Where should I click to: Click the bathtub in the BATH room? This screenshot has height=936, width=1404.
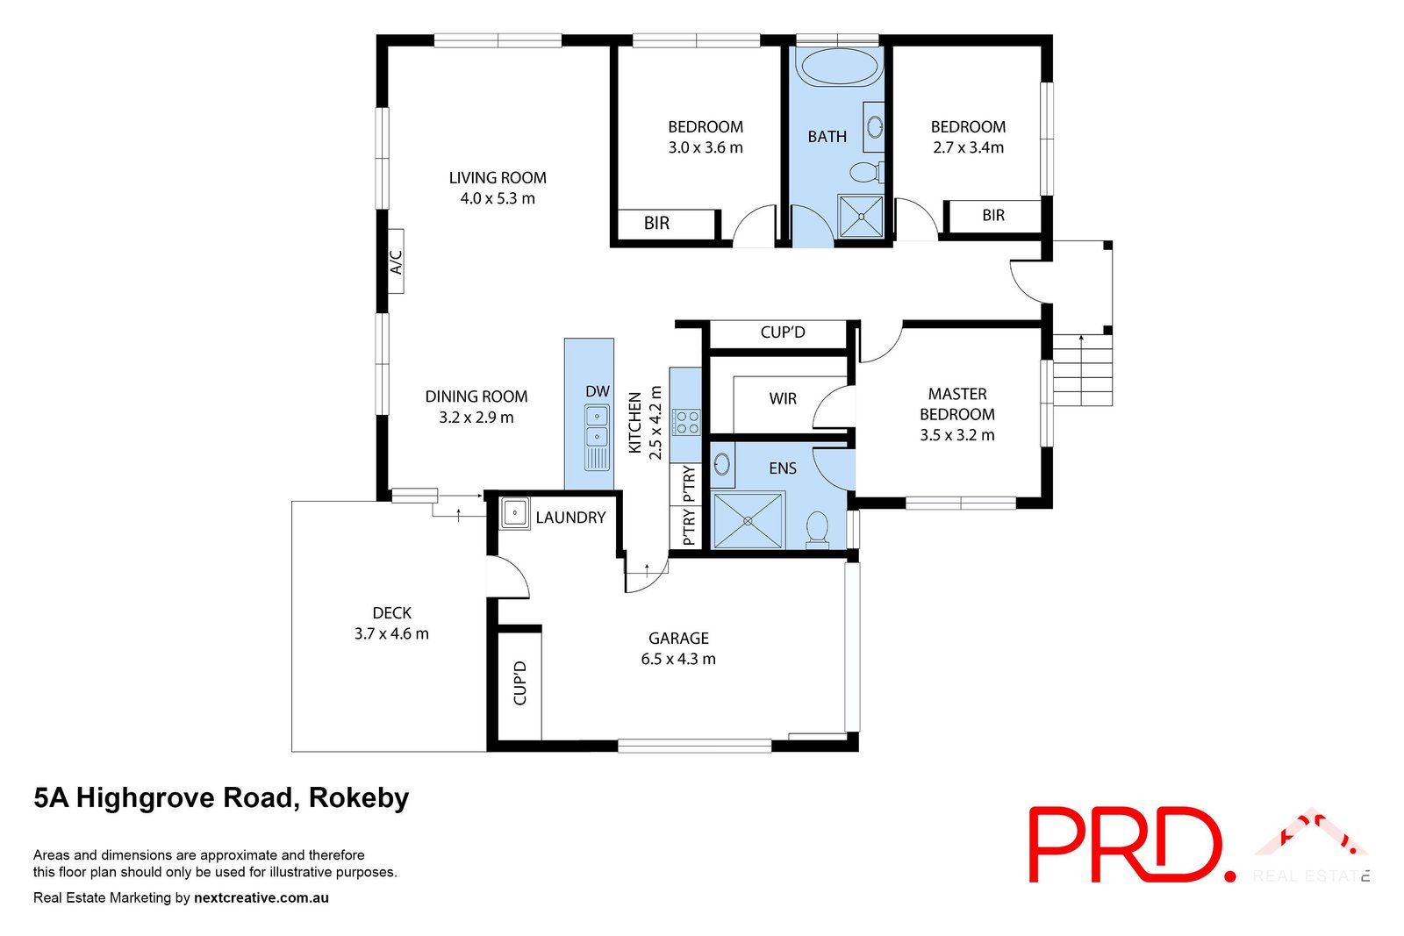tap(840, 67)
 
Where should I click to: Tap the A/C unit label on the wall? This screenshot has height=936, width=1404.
tap(396, 261)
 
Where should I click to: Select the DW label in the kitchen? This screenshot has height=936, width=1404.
tap(598, 391)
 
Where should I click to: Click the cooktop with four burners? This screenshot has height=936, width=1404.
tap(686, 423)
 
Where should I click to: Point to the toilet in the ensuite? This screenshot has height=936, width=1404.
tap(817, 528)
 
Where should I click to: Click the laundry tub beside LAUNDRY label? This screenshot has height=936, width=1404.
tap(514, 513)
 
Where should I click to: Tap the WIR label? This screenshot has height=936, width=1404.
tap(783, 399)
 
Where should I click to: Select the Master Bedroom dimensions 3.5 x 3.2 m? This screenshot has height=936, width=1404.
tap(956, 435)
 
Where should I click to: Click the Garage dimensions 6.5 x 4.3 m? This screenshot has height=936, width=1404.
tap(678, 659)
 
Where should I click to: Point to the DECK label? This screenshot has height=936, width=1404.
tap(391, 613)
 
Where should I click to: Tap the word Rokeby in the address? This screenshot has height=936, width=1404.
tap(359, 798)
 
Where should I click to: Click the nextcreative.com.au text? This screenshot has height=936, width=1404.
tap(261, 897)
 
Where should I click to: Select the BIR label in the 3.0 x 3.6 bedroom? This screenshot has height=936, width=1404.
tap(656, 224)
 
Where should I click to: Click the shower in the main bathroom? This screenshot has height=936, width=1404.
tap(860, 216)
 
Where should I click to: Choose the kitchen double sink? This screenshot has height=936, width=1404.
tap(597, 425)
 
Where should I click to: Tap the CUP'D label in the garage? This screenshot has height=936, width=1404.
tap(519, 683)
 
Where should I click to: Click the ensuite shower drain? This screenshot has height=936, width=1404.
tap(748, 521)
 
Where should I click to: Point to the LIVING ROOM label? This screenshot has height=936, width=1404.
tap(498, 178)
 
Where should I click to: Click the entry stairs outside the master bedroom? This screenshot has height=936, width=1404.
tap(1082, 370)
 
